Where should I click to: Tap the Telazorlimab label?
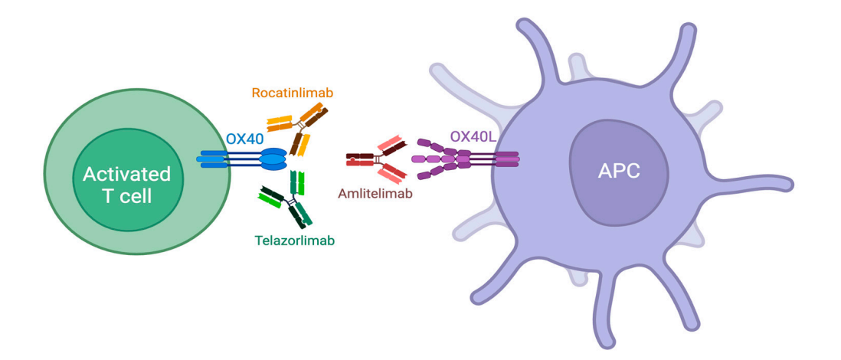point(294,240)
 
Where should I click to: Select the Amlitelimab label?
point(375,194)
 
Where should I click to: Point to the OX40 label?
point(246,140)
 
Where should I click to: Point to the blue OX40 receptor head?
point(273,159)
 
